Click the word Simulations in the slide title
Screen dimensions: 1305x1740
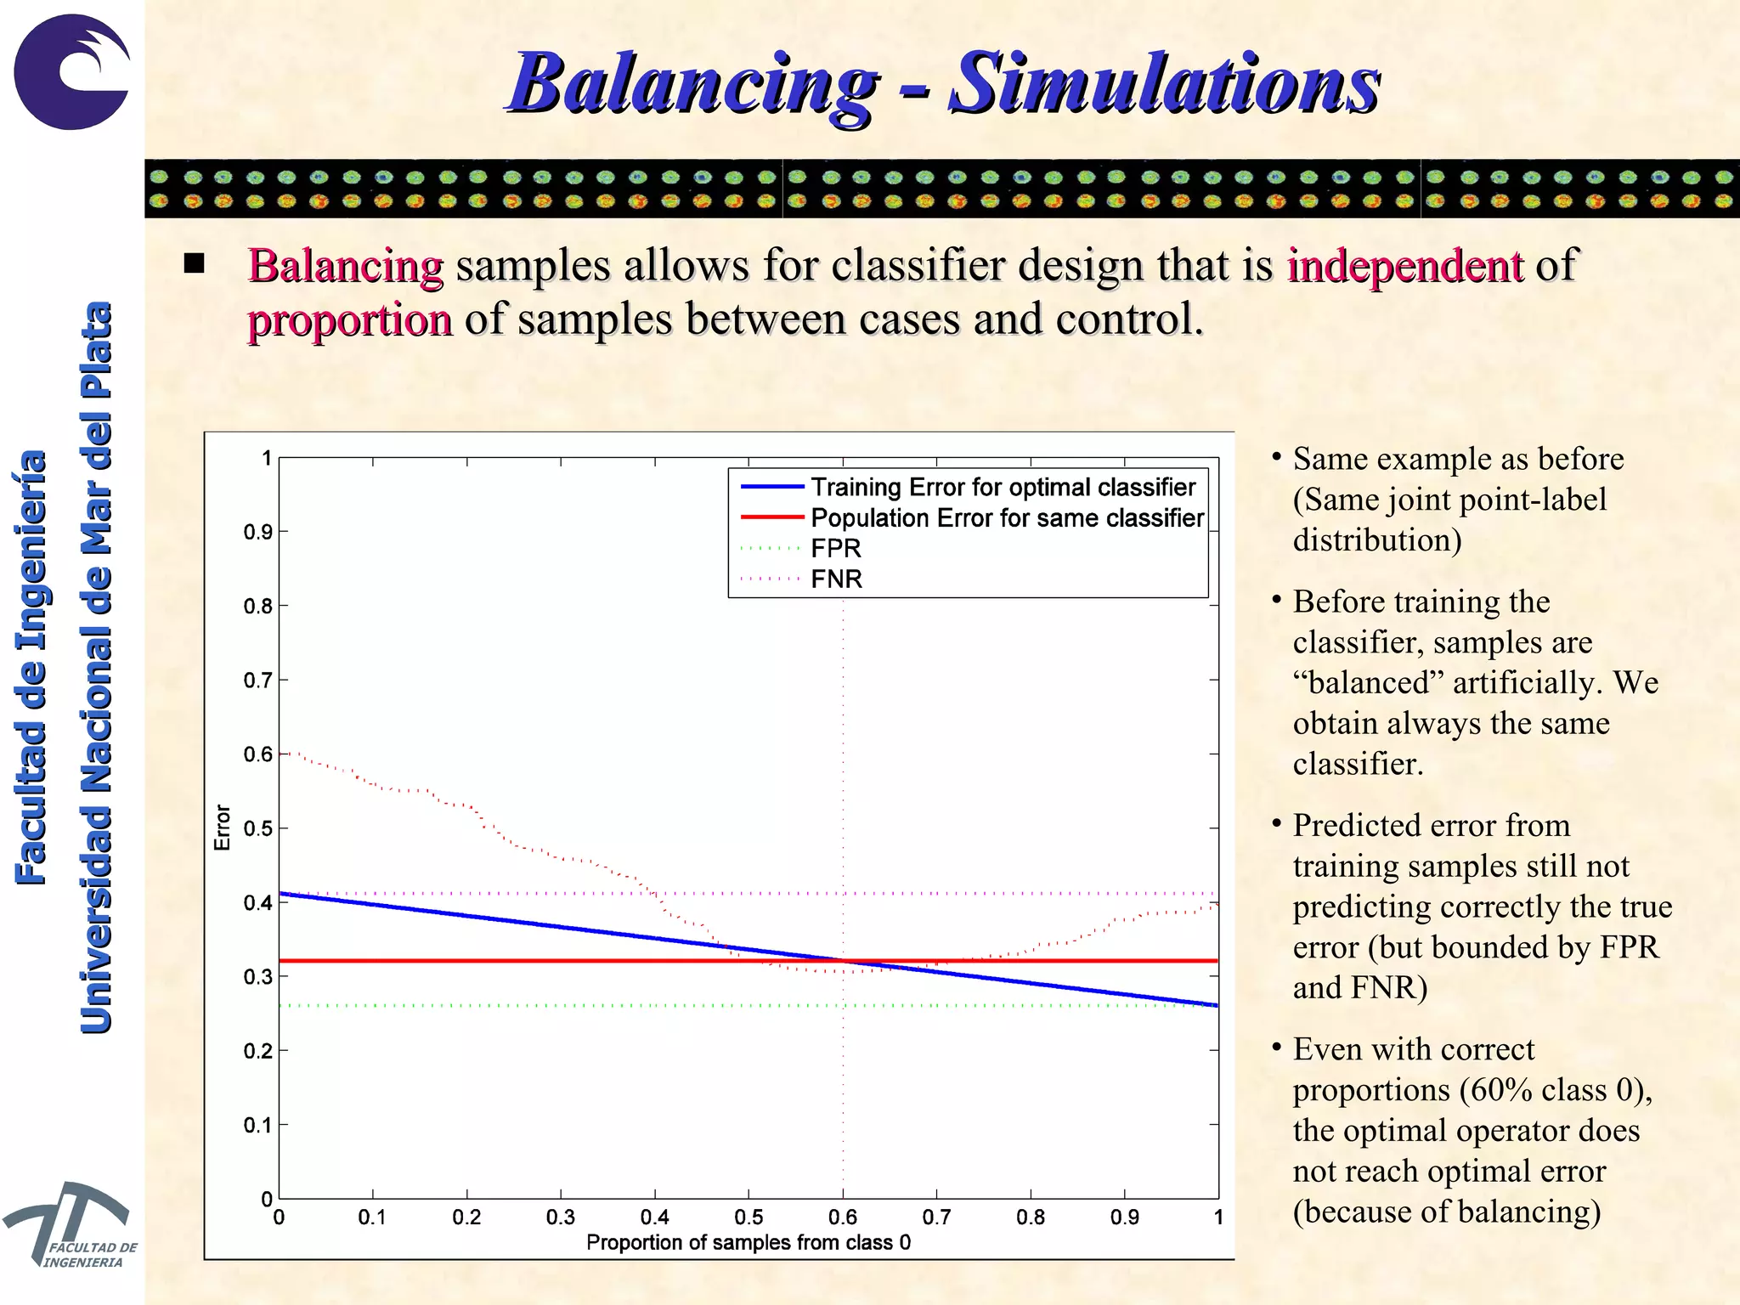(1163, 83)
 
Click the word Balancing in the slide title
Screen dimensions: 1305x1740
(692, 83)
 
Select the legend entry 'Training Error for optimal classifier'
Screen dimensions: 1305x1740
(1003, 487)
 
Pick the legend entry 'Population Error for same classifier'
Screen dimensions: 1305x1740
(1007, 517)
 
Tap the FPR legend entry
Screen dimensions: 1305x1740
(836, 548)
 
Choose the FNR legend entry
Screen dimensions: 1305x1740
(836, 579)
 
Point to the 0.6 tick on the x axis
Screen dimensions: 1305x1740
(843, 1217)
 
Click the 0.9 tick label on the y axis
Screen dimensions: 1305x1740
(257, 533)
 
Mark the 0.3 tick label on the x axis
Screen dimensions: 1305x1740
(561, 1217)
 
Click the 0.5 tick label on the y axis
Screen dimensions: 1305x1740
(257, 828)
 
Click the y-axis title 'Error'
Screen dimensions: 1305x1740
(223, 828)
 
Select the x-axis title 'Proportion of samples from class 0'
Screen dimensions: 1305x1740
(748, 1242)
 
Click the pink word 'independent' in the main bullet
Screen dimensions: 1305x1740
(1404, 265)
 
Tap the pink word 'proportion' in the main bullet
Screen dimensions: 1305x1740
(349, 319)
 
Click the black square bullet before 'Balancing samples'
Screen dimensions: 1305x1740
(195, 263)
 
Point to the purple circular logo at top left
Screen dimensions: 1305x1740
(72, 72)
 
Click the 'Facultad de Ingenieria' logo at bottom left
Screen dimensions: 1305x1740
(68, 1223)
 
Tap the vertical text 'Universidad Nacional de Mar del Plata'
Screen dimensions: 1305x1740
(96, 667)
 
